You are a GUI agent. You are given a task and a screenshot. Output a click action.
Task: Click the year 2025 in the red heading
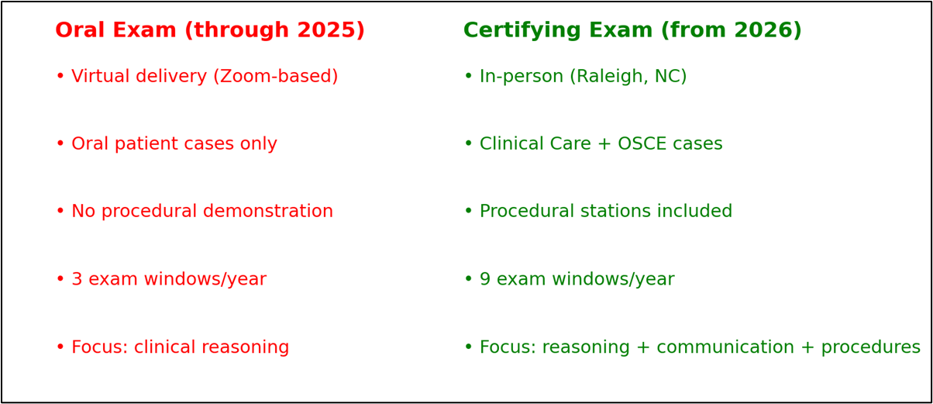pos(327,30)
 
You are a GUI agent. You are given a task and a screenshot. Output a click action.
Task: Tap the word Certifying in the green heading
pos(522,31)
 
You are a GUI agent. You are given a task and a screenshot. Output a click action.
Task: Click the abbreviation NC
pos(668,76)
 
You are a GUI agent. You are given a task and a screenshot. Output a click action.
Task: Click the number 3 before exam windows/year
pos(77,279)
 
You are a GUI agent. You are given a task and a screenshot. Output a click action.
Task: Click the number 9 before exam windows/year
pos(485,279)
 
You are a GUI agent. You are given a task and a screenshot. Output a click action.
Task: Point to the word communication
pos(725,347)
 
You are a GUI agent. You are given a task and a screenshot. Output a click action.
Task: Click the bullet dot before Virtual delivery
pos(60,76)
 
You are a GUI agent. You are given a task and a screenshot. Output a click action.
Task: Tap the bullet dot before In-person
pos(469,76)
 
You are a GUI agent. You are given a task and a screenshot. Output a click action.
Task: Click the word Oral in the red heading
pos(80,30)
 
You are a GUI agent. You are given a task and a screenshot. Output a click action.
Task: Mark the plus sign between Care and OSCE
pos(604,143)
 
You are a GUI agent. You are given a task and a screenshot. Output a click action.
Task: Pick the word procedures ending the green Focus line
pos(871,347)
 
